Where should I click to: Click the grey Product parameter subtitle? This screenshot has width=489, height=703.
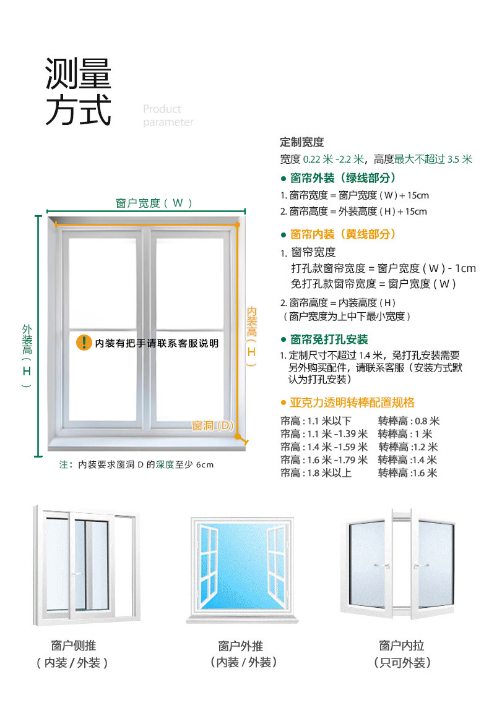(167, 116)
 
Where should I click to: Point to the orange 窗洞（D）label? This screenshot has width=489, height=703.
(212, 425)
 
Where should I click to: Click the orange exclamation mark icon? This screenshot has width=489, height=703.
(84, 343)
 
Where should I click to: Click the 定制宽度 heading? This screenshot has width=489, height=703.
(301, 142)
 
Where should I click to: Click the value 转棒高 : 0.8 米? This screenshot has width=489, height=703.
(409, 421)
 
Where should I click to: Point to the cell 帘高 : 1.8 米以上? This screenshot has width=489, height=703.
(316, 473)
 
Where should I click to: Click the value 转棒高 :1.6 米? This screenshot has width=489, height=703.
(407, 473)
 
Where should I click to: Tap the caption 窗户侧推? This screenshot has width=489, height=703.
(73, 646)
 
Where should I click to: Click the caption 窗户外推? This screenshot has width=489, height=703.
(240, 646)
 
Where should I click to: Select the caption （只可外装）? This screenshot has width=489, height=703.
(402, 663)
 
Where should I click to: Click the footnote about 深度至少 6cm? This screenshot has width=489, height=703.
(136, 464)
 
